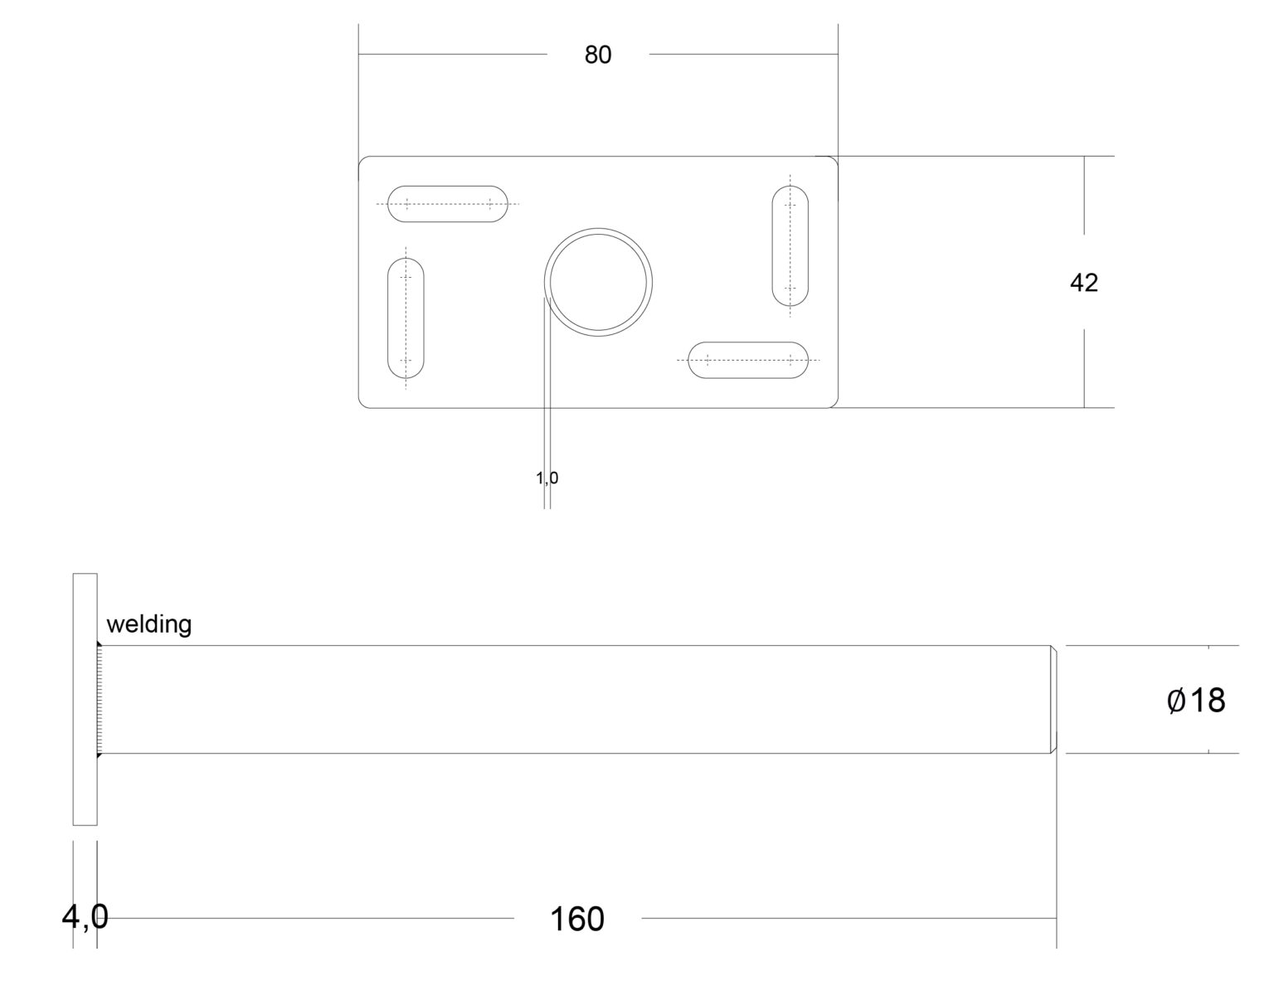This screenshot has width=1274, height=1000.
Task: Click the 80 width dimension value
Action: [x=597, y=55]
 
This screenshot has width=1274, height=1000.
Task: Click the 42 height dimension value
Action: [x=1083, y=283]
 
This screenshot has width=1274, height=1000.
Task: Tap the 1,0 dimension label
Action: [x=547, y=478]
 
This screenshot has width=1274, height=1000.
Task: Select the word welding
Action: [x=149, y=624]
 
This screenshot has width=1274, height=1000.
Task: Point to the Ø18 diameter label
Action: [x=1195, y=700]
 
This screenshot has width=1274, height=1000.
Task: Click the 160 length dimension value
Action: [x=577, y=919]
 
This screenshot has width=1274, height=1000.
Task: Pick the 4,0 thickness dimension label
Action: [x=85, y=917]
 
